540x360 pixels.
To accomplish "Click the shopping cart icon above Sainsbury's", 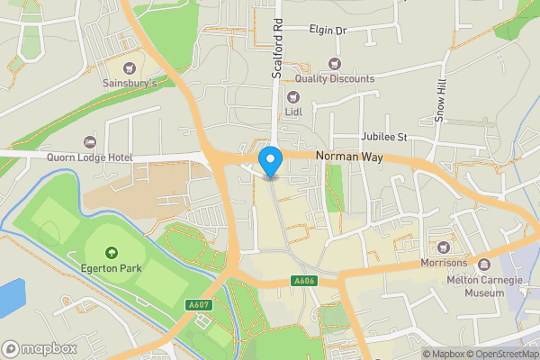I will (x=130, y=67).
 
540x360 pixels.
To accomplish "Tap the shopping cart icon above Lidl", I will (x=292, y=96).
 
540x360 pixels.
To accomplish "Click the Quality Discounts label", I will (x=334, y=79).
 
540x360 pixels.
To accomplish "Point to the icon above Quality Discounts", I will (x=335, y=63).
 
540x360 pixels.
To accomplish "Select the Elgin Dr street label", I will (x=327, y=30).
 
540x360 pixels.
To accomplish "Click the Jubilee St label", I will (x=384, y=137).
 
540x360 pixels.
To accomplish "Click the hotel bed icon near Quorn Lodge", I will (x=89, y=142).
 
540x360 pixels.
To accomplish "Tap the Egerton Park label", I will (x=111, y=268).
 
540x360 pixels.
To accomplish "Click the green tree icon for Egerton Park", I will (x=112, y=253).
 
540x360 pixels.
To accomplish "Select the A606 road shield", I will (x=304, y=282).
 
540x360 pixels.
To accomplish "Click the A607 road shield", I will (x=199, y=306).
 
